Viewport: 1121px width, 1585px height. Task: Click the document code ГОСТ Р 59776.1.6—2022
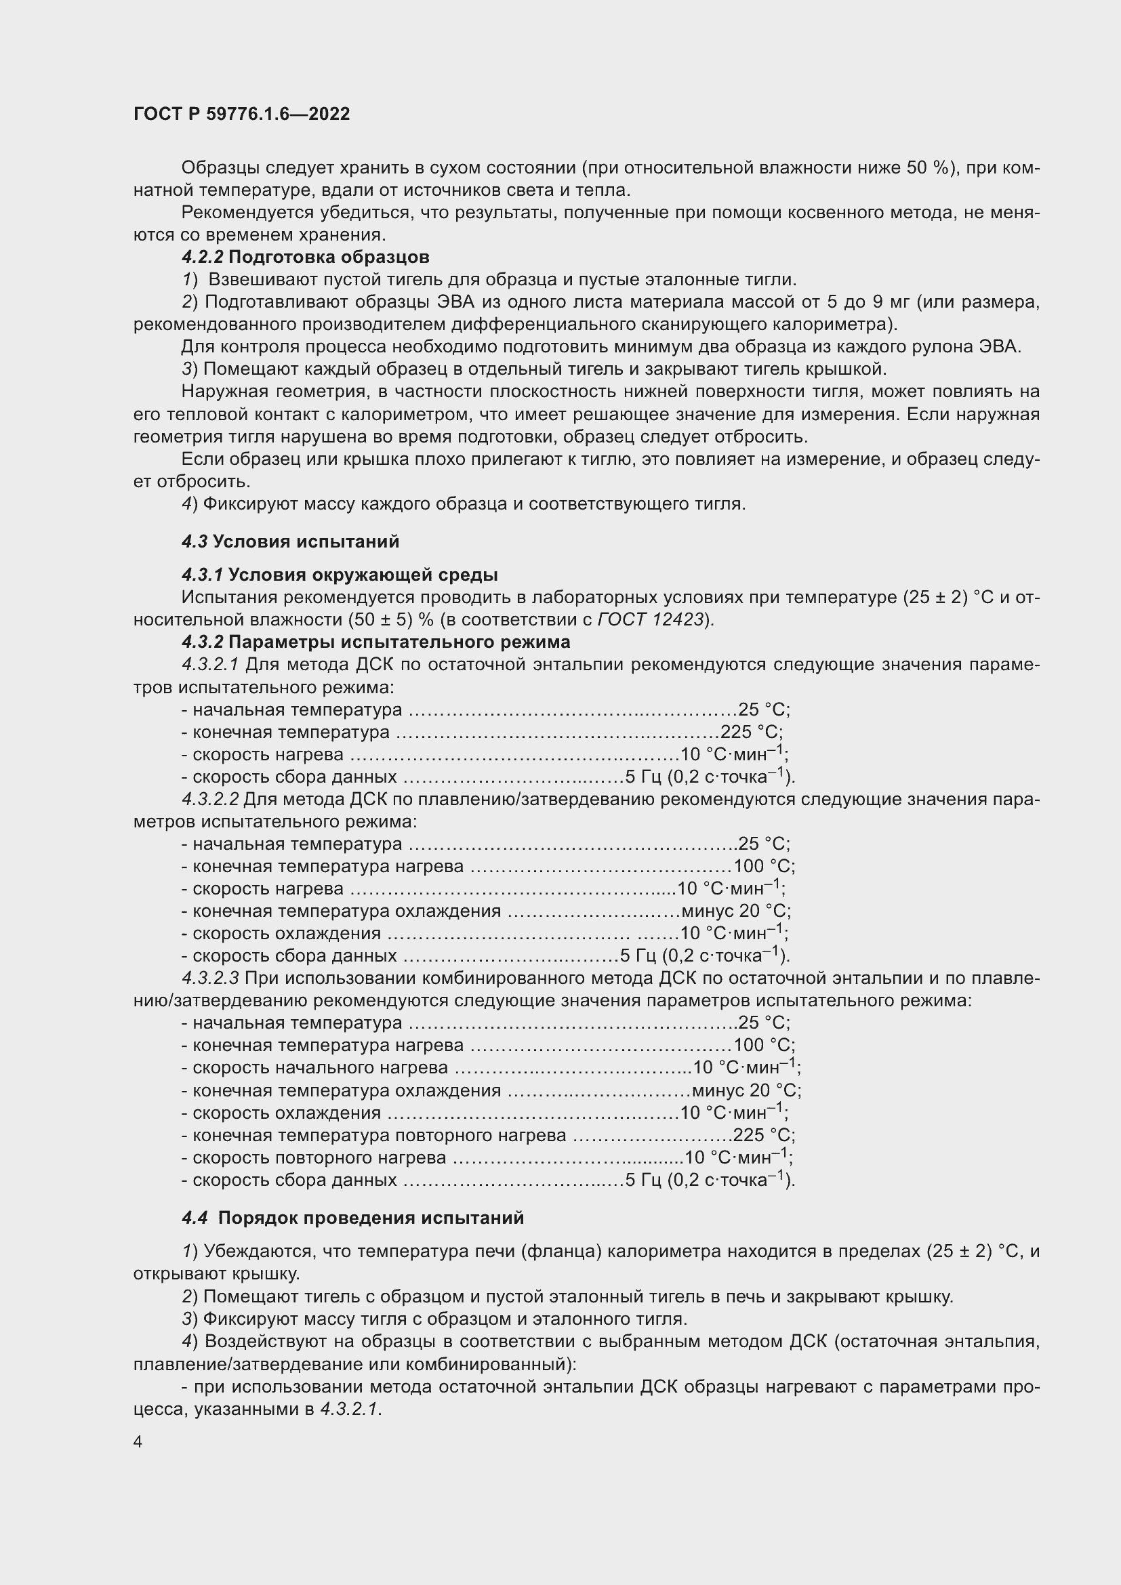pyautogui.click(x=241, y=114)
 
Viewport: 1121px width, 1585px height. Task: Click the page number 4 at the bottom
pyautogui.click(x=138, y=1442)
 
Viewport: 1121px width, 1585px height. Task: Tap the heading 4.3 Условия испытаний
pyautogui.click(x=290, y=541)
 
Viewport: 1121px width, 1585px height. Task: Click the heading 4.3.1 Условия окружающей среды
pyautogui.click(x=339, y=575)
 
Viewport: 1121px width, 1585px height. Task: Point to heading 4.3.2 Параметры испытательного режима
pyautogui.click(x=375, y=642)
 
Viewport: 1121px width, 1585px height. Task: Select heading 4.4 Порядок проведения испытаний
pyautogui.click(x=352, y=1217)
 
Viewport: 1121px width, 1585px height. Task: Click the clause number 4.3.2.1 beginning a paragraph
pyautogui.click(x=211, y=665)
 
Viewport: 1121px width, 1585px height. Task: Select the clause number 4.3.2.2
pyautogui.click(x=211, y=800)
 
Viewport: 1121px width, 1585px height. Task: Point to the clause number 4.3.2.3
pyautogui.click(x=211, y=979)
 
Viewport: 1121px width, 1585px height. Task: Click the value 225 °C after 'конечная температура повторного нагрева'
pyautogui.click(x=762, y=1136)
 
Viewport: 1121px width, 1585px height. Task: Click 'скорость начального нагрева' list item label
pyautogui.click(x=320, y=1068)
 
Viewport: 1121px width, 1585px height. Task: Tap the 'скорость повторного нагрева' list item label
pyautogui.click(x=319, y=1157)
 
